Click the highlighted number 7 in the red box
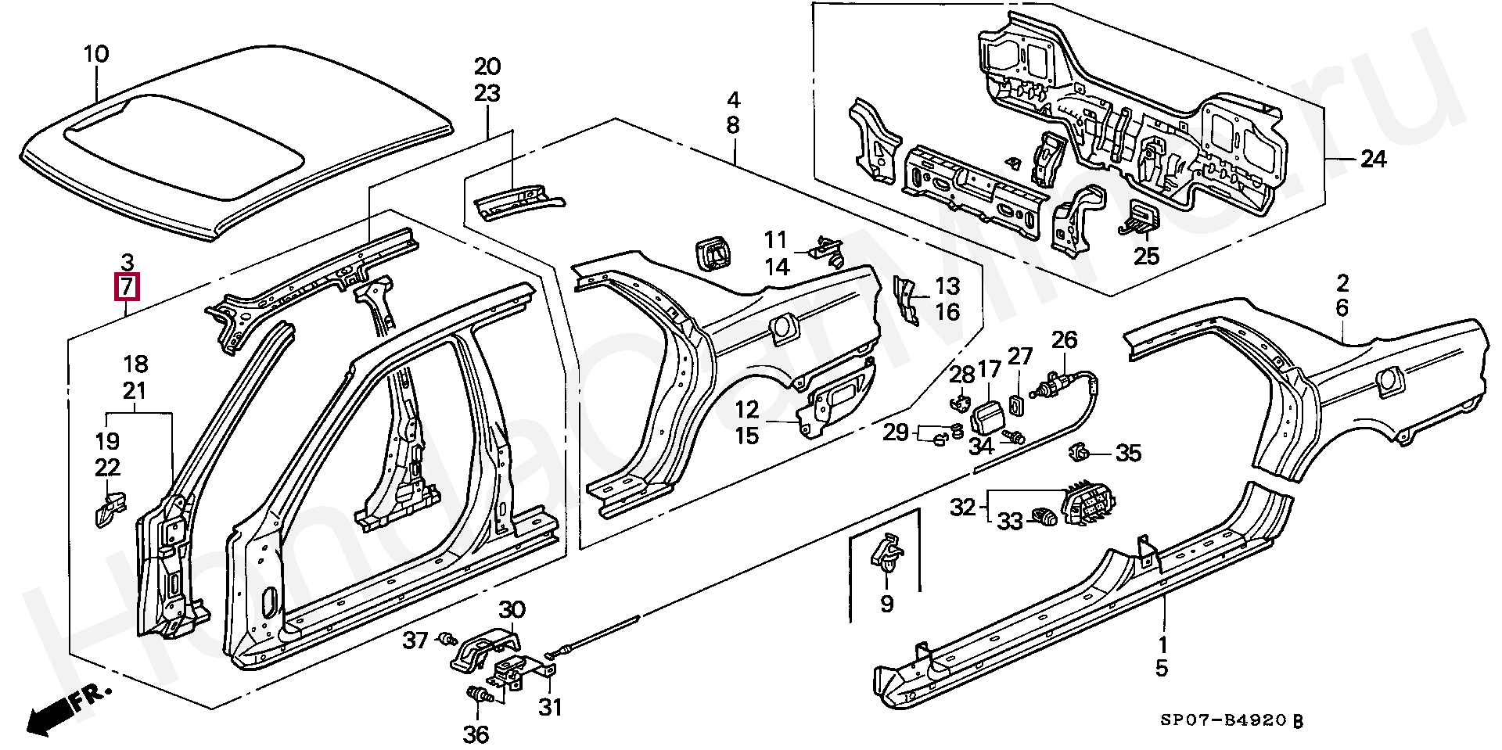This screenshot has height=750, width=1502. point(127,287)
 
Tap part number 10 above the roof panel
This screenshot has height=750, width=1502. point(96,55)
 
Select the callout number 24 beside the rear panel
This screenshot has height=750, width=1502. point(1373,160)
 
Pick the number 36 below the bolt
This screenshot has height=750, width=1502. point(476,734)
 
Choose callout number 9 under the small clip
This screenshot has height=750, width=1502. point(886,604)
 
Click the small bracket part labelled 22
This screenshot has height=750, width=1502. point(109,508)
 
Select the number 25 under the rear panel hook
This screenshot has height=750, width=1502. point(1147,256)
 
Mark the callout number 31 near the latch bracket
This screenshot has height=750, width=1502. point(550,708)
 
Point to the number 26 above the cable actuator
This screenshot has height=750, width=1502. point(1064,339)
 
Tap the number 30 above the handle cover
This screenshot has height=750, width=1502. point(512,609)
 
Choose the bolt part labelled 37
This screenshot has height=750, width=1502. point(448,640)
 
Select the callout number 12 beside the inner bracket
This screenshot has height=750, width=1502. point(747,409)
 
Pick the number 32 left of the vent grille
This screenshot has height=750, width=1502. point(963,508)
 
